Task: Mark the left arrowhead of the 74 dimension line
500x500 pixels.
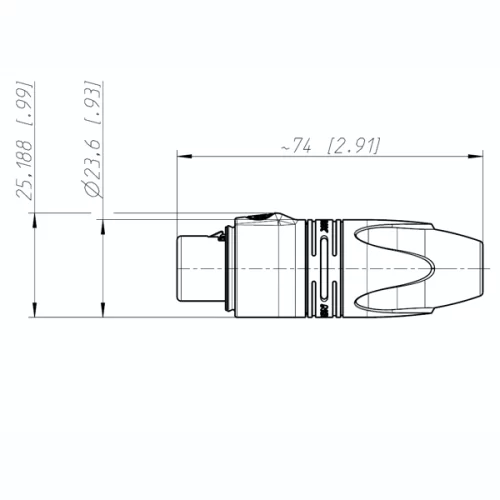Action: coord(183,155)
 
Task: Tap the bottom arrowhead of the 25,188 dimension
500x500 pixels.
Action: coord(36,313)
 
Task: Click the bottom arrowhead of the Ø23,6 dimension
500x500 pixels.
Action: coord(104,313)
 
